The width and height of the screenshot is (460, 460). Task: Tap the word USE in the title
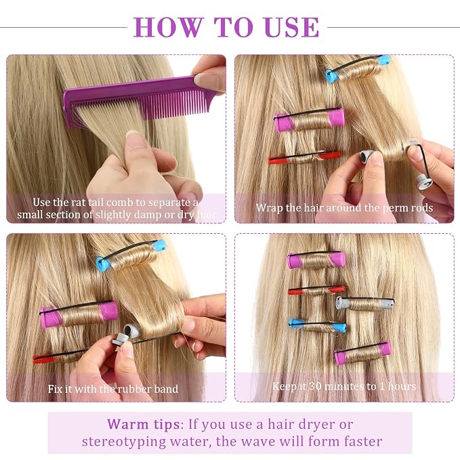291,27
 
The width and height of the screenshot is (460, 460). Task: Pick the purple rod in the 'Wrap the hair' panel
309,120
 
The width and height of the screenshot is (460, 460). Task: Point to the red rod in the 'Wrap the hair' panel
304,158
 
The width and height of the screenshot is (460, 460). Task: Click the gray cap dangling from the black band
425,182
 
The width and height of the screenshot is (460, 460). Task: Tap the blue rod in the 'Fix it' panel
131,255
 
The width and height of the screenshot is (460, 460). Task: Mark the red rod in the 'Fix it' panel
59,356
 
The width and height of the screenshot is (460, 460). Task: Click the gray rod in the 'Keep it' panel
365,304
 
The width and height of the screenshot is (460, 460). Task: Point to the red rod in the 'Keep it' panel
316,291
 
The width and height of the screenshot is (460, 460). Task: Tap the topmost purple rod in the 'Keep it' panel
316,260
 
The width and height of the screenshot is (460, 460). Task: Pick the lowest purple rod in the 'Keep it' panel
362,353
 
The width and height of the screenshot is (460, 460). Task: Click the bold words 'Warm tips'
143,424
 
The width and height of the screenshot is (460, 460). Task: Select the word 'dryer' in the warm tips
310,425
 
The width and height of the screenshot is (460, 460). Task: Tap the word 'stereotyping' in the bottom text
124,442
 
